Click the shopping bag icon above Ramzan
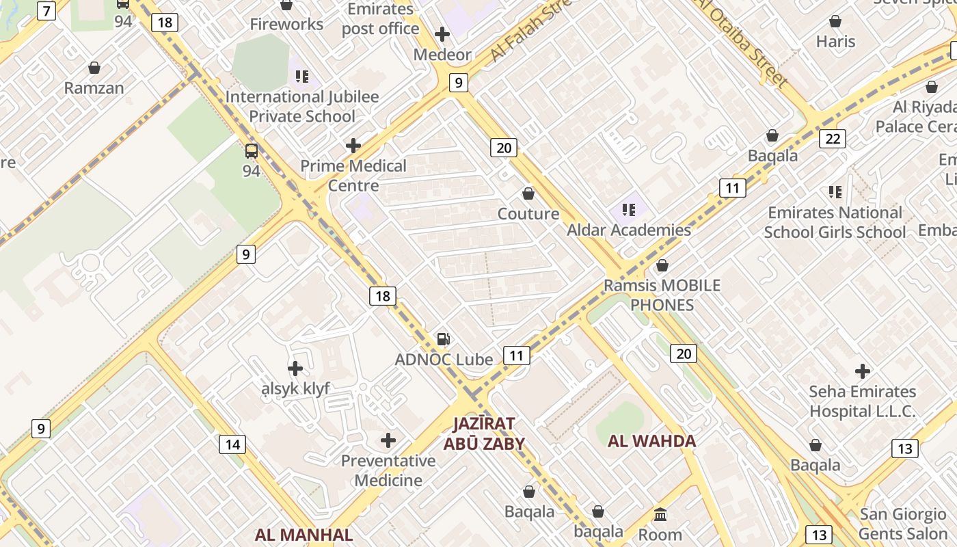pos(94,68)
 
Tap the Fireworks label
pos(286,25)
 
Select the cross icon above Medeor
pos(442,34)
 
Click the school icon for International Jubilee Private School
pos(302,76)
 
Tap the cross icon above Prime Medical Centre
pos(353,146)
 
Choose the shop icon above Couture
pos(528,194)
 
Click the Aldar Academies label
pos(629,230)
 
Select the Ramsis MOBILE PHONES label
pos(662,295)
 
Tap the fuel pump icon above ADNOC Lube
pos(444,339)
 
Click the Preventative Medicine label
pos(388,470)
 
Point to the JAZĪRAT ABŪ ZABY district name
pos(484,433)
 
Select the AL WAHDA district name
pos(652,441)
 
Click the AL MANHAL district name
pos(304,535)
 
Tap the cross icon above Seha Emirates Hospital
pos(863,371)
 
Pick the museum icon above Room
pos(660,514)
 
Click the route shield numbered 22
pos(833,139)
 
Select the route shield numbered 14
pos(232,444)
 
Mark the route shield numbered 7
pos(46,11)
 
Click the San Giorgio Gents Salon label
pos(902,524)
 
